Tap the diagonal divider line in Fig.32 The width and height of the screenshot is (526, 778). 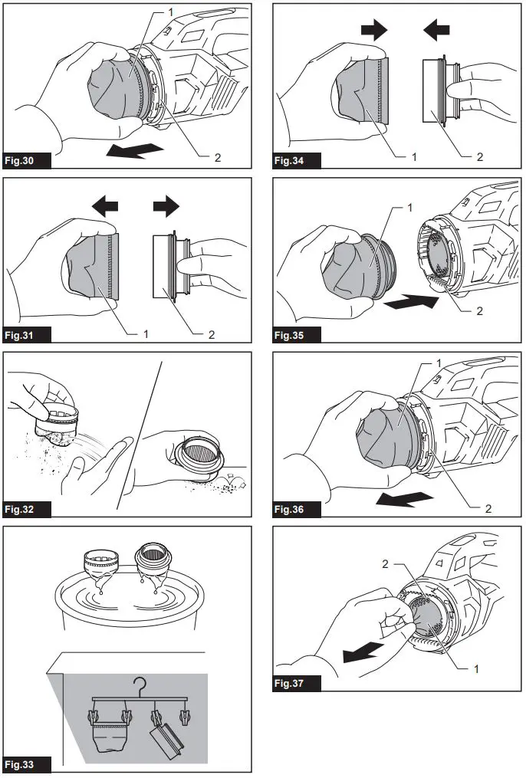(140, 433)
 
